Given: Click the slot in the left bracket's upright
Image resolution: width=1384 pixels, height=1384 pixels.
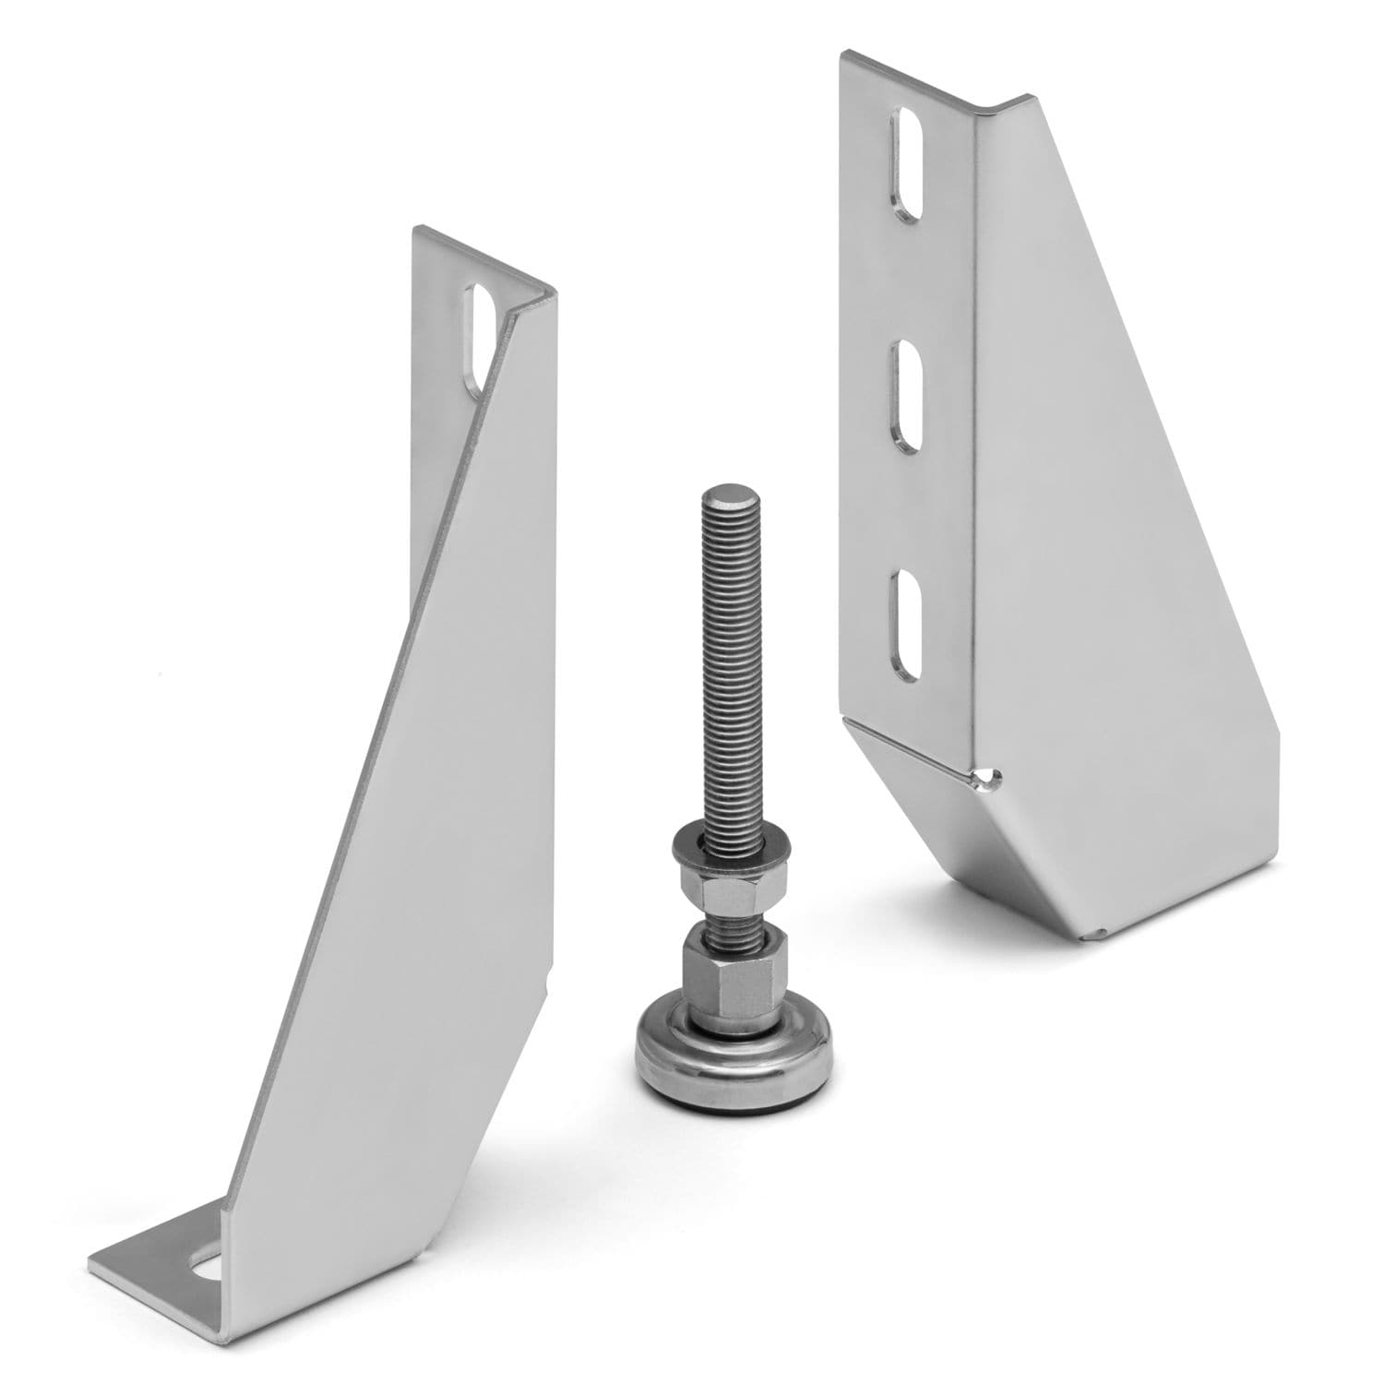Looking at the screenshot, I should pyautogui.click(x=483, y=341).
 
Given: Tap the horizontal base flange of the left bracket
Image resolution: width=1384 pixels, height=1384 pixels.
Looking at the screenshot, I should pyautogui.click(x=157, y=1264).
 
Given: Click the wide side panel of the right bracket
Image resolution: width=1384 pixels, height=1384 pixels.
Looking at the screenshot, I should pyautogui.click(x=1107, y=507).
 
